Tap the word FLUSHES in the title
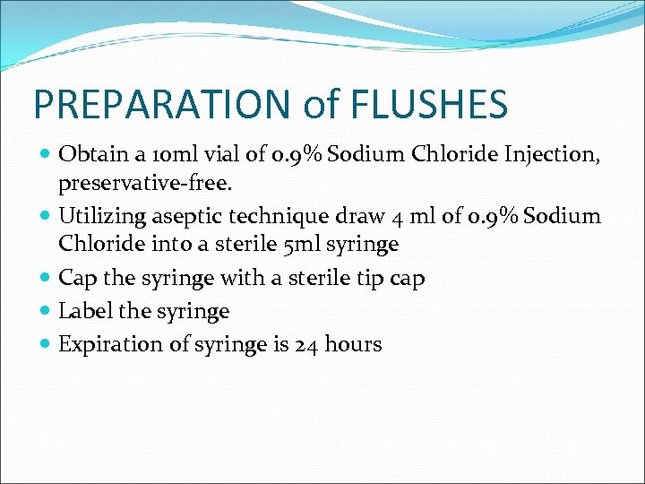432,104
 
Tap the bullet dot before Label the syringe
46,312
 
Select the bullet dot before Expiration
46,345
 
